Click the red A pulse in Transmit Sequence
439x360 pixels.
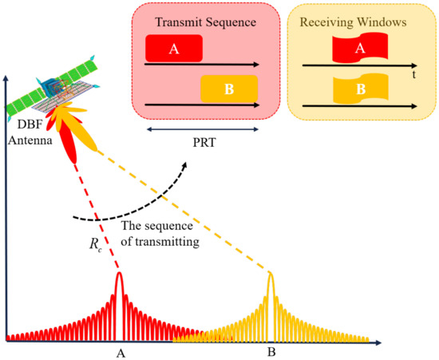point(173,49)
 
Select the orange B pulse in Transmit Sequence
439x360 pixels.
point(228,87)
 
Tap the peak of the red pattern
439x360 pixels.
point(120,276)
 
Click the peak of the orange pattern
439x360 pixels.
point(271,276)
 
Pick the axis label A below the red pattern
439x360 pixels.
point(120,351)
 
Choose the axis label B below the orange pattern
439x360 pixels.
point(271,351)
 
